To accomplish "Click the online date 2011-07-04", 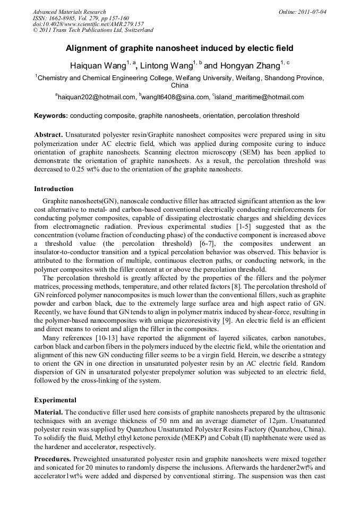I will pyautogui.click(x=310, y=12).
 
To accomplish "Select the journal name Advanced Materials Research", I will pyautogui.click(x=69, y=12).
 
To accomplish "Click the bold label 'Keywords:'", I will pyautogui.click(x=51, y=116).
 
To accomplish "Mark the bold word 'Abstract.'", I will pyautogui.click(x=49, y=134).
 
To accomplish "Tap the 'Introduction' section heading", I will pyautogui.click(x=54, y=189).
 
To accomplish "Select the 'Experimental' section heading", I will pyautogui.click(x=55, y=400).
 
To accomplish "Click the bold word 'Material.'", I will pyautogui.click(x=48, y=412).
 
